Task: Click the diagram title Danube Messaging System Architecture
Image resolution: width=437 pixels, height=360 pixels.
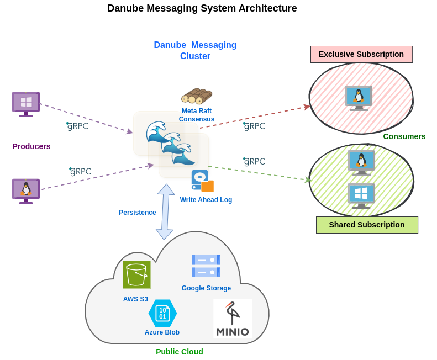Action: [202, 8]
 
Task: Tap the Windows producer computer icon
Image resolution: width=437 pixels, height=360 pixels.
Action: [26, 104]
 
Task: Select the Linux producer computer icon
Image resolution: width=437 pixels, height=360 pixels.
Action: [26, 190]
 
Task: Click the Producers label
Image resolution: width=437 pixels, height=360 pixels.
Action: [31, 146]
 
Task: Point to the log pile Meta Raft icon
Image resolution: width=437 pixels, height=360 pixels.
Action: [197, 96]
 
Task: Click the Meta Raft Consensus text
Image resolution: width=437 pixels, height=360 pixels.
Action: [197, 115]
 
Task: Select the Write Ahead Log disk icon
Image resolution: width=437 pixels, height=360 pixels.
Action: [202, 181]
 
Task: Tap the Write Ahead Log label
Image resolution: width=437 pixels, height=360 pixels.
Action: [206, 200]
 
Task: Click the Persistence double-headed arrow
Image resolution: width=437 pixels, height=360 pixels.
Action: [165, 212]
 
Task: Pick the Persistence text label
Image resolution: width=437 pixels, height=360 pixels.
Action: [137, 213]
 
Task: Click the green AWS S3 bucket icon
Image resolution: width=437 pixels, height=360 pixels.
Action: [136, 274]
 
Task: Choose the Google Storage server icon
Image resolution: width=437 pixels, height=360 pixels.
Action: [206, 266]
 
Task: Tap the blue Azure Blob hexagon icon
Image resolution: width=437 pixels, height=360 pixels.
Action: [162, 313]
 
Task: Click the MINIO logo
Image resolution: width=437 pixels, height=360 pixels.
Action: [233, 319]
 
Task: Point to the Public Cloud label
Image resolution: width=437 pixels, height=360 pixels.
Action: [179, 352]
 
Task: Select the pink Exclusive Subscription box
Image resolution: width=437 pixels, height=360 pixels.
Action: [361, 54]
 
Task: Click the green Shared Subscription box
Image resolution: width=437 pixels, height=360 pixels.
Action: [367, 225]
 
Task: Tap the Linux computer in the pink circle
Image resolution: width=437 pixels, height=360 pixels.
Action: [359, 98]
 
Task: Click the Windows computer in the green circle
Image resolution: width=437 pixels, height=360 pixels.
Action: [361, 195]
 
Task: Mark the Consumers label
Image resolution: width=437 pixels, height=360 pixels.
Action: [404, 136]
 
